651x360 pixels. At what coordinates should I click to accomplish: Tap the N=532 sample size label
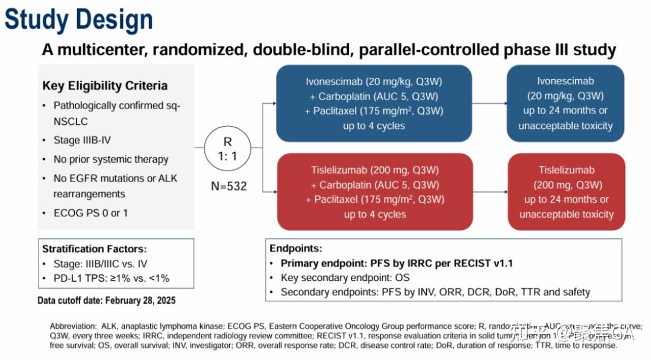(229, 186)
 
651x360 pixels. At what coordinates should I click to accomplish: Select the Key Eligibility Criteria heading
(105, 86)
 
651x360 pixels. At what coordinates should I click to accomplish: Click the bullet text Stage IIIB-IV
(82, 140)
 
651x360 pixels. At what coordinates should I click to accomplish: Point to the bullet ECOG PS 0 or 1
(90, 213)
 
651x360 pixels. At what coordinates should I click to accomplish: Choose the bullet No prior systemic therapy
(111, 159)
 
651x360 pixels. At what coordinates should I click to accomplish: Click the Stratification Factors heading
(95, 248)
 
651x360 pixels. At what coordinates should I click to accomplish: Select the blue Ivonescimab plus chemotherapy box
(374, 103)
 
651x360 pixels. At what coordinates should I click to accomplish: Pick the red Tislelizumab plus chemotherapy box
(374, 192)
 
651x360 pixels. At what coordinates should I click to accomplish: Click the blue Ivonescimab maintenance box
(565, 103)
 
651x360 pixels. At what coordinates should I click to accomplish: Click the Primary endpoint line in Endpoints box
(397, 263)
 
